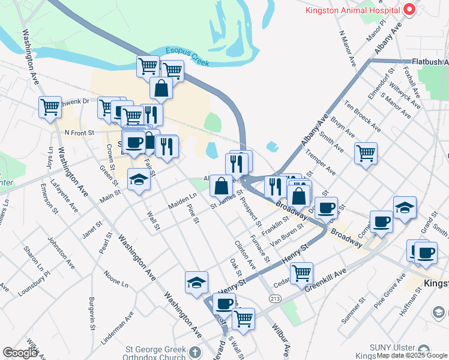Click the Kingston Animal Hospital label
pos(352,10)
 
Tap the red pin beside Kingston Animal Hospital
pos(409,10)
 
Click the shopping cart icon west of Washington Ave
pos(50,108)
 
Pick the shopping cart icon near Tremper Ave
pos(366,154)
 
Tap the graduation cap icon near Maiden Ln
pos(139,179)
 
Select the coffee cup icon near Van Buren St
pos(326,208)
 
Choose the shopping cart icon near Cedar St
pos(301,273)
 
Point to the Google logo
pos(20,353)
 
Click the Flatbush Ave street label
pos(430,61)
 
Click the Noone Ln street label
pos(115,278)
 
